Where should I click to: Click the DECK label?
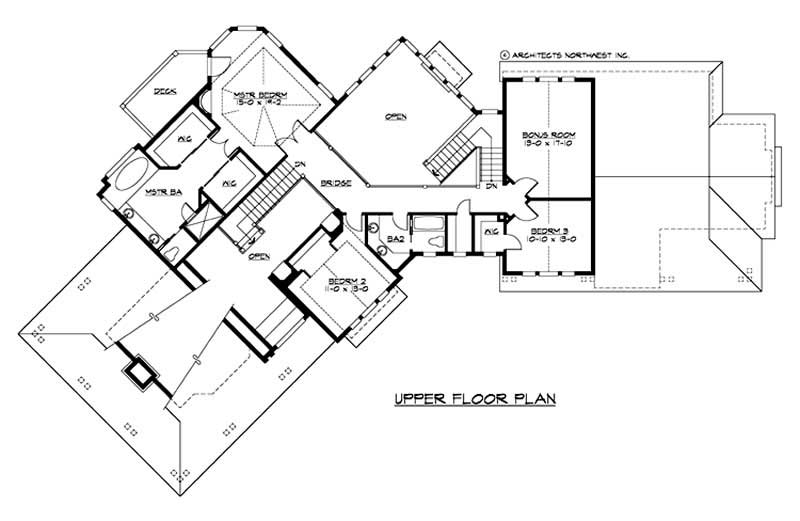pos(165,91)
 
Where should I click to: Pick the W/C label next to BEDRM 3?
pos(490,232)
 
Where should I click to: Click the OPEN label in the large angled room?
pos(396,117)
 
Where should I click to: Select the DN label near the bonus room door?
pos(491,187)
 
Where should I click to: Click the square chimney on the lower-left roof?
pos(137,372)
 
